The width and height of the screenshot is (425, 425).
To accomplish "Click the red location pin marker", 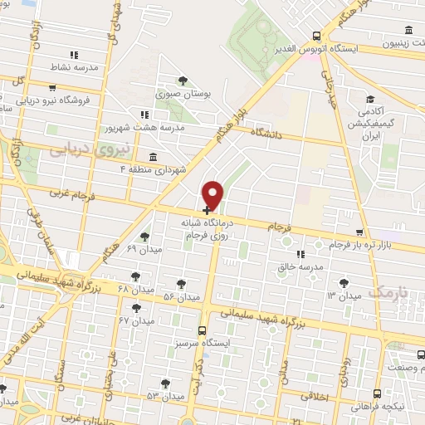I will click(x=213, y=194).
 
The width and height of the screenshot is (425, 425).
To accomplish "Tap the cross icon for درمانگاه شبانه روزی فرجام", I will click(x=206, y=211).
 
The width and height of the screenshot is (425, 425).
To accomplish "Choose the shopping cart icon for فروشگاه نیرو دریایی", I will click(x=53, y=87).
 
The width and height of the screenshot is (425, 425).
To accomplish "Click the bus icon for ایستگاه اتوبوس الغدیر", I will click(x=316, y=35).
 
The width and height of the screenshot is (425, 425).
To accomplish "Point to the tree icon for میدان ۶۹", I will click(x=145, y=237).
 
